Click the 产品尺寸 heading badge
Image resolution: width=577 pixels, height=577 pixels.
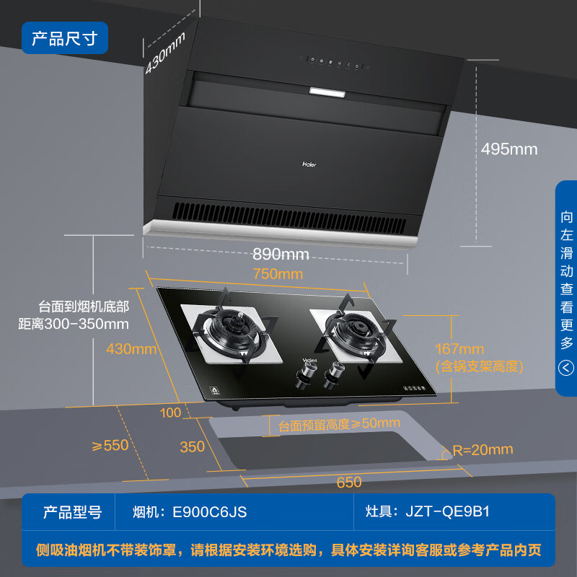tap(65, 38)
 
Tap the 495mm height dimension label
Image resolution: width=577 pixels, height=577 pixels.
tap(510, 149)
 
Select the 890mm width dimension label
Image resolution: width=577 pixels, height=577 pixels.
tap(281, 254)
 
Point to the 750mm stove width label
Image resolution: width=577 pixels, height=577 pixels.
tap(278, 274)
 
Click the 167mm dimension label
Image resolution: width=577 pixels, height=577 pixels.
tap(460, 350)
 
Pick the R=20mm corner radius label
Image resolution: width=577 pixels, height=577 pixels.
tap(483, 450)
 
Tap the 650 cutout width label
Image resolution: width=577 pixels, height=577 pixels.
tap(349, 482)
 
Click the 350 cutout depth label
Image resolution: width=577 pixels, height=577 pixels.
tap(192, 446)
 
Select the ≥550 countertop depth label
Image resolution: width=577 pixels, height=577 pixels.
tap(110, 445)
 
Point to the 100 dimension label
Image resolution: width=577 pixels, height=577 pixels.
tap(171, 413)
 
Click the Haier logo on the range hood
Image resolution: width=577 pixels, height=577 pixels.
tap(309, 163)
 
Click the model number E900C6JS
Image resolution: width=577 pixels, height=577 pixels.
tap(209, 512)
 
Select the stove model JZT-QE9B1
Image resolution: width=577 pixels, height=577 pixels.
tap(447, 512)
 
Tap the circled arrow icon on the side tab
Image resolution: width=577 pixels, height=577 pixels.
tap(566, 369)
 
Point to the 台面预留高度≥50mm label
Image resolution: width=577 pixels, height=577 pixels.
tap(339, 423)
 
